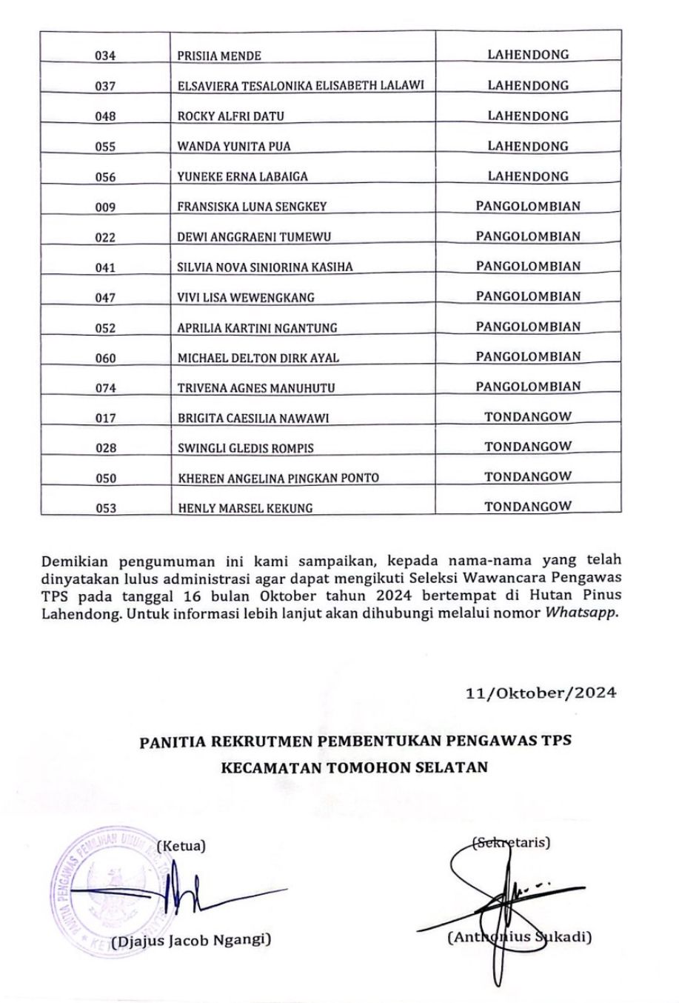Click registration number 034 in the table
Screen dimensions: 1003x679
[106, 56]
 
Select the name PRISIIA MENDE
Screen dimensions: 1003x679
[219, 56]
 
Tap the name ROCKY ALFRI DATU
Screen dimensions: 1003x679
[230, 116]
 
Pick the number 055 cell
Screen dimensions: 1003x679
[106, 147]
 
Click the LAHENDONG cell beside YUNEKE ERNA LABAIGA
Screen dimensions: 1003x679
[528, 176]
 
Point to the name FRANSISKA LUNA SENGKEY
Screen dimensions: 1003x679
[252, 207]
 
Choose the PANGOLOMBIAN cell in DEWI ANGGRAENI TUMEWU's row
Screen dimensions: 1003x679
[528, 236]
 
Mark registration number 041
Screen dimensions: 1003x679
[106, 267]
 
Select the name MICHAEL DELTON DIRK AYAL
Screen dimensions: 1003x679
[258, 358]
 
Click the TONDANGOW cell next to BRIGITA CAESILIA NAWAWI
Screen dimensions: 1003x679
[528, 416]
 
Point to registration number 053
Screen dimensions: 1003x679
[106, 508]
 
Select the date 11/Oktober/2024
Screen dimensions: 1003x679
[541, 693]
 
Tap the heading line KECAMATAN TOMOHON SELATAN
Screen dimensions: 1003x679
[355, 767]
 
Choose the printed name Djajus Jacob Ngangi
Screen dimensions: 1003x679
[191, 941]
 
